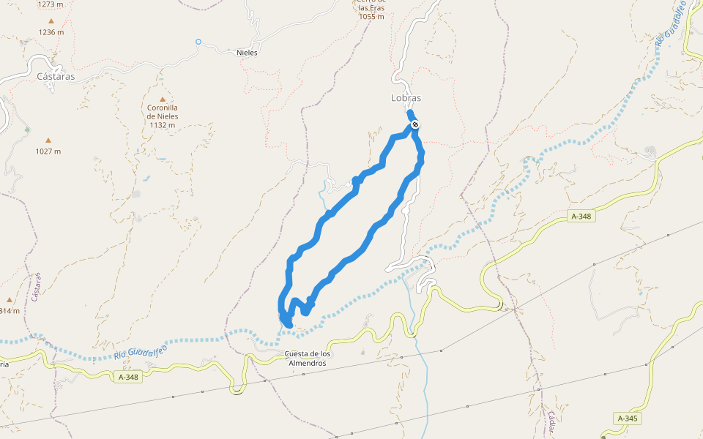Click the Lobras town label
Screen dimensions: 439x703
click(406, 97)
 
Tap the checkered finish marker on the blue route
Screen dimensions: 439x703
click(415, 125)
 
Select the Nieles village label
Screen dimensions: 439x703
click(248, 53)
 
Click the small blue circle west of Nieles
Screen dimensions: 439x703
click(198, 42)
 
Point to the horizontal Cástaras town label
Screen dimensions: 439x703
click(56, 76)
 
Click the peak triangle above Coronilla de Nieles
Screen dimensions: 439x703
click(162, 100)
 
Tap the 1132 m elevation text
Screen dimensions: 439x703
click(162, 124)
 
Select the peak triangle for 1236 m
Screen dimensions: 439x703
click(51, 20)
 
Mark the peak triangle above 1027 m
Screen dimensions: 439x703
click(48, 140)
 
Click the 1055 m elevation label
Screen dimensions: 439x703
click(372, 16)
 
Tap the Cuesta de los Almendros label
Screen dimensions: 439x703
click(307, 359)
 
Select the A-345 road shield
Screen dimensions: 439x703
click(628, 419)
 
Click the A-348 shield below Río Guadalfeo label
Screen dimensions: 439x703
click(128, 378)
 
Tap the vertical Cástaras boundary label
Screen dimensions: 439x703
click(34, 288)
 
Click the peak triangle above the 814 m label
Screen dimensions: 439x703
click(10, 299)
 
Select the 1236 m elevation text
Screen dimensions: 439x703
click(51, 32)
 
